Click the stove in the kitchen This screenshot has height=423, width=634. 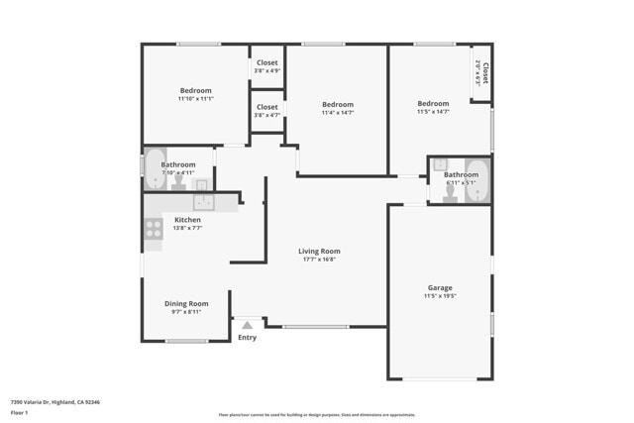click(154, 229)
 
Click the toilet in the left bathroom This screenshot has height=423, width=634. click(178, 183)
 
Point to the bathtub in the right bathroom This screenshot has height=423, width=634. click(477, 180)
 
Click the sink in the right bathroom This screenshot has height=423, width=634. click(440, 164)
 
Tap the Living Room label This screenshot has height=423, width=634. click(319, 252)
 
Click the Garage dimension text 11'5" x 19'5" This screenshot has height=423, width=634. click(439, 296)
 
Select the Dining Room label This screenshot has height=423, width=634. click(186, 303)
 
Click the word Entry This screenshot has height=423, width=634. click(247, 338)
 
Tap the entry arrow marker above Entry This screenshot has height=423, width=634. click(247, 324)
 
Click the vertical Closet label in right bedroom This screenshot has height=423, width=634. click(484, 73)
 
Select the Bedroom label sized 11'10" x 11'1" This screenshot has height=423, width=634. click(195, 91)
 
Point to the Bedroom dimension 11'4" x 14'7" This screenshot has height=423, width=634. click(337, 112)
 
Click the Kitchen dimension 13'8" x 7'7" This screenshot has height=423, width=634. click(187, 228)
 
